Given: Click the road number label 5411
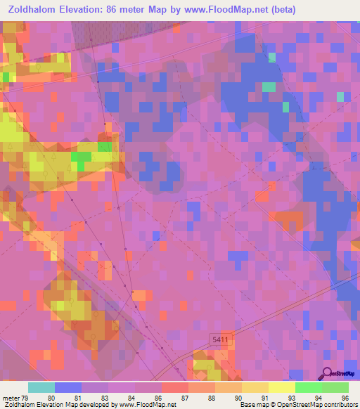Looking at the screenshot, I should click(219, 340).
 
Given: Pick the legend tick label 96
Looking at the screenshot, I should click(345, 398).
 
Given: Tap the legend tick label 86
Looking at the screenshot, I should click(160, 398).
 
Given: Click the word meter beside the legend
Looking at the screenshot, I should click(12, 398).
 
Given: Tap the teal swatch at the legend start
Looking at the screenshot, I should click(41, 387).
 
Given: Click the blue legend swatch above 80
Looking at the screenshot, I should click(68, 387).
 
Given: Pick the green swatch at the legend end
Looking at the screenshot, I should click(335, 387).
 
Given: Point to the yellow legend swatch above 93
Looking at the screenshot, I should click(281, 387).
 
